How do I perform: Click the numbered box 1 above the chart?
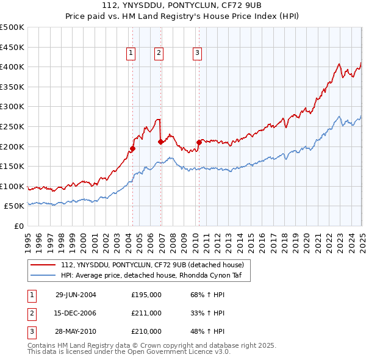click(x=131, y=54)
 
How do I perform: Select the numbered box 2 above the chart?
click(x=159, y=54)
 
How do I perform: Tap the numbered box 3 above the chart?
click(x=197, y=54)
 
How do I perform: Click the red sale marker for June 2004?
click(x=132, y=148)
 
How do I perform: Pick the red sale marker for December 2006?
click(x=160, y=142)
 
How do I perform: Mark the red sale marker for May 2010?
click(x=199, y=142)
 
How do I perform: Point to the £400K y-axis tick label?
click(x=12, y=67)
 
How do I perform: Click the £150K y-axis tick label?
click(x=12, y=166)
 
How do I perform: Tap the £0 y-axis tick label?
click(x=20, y=226)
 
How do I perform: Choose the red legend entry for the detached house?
click(x=152, y=265)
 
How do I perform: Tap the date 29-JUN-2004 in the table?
click(x=76, y=295)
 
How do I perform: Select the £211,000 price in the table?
click(x=146, y=313)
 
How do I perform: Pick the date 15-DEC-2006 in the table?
click(x=76, y=313)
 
